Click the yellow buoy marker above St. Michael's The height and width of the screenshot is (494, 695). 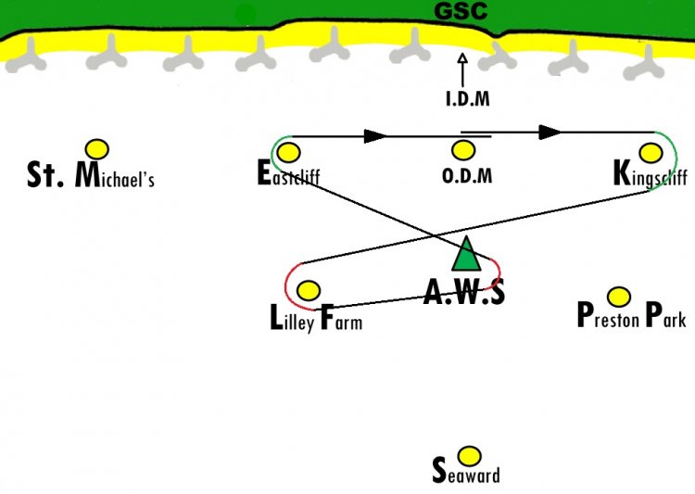click(x=97, y=149)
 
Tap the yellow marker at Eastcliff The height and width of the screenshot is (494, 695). click(x=288, y=153)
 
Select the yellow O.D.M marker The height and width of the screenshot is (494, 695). click(x=463, y=150)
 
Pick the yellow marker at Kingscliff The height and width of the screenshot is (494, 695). click(x=651, y=153)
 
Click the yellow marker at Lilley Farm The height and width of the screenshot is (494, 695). click(x=309, y=290)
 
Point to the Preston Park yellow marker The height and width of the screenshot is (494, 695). click(x=619, y=297)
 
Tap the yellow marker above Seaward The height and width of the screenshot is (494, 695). click(x=469, y=456)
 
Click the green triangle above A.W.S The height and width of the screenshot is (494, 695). click(x=466, y=254)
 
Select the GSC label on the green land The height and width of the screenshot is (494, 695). click(x=461, y=10)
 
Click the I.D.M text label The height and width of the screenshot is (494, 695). click(x=468, y=98)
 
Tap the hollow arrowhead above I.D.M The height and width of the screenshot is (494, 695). click(x=462, y=58)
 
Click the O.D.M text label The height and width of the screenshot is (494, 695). click(x=467, y=175)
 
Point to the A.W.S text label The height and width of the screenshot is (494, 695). click(x=464, y=292)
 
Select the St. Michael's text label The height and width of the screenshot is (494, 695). click(x=91, y=175)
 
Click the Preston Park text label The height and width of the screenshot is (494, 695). click(x=632, y=315)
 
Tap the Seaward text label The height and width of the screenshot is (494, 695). click(x=466, y=471)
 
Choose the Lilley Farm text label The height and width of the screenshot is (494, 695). click(x=316, y=318)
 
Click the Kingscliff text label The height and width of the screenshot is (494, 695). click(x=651, y=174)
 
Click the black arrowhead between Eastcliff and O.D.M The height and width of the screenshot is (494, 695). click(x=375, y=136)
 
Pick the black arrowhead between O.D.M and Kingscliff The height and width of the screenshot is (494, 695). click(x=550, y=133)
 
